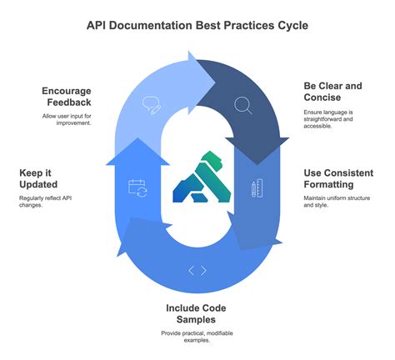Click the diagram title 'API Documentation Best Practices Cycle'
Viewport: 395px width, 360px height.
[197, 25]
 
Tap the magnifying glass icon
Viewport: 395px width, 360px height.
[243, 105]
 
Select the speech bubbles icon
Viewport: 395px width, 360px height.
[152, 105]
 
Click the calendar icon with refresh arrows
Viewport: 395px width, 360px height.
[137, 187]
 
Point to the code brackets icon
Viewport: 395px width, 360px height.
[197, 269]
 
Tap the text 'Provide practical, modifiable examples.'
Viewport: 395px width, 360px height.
[197, 337]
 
